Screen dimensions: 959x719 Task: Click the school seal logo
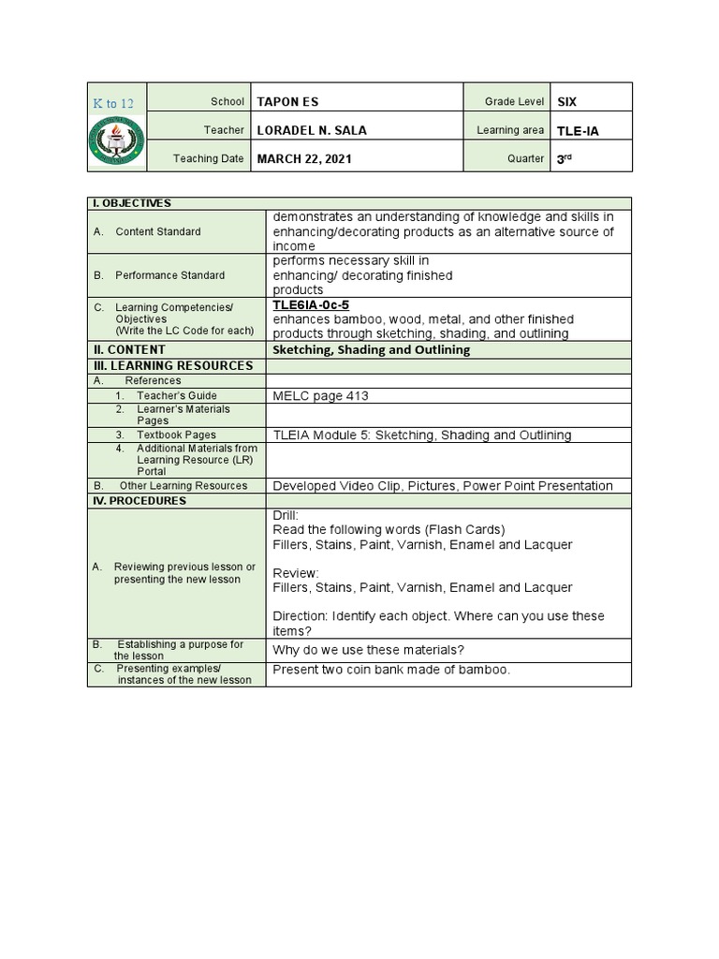(x=117, y=141)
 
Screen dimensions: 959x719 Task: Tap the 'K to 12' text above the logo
(x=112, y=103)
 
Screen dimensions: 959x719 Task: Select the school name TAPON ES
(x=287, y=102)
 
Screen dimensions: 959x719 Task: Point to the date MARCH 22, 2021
(x=304, y=159)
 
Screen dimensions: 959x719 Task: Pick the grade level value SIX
(x=568, y=102)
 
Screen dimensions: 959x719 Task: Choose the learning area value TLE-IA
(x=578, y=131)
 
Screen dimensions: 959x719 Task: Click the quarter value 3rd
(x=564, y=159)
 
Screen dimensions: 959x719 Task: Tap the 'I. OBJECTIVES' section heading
(x=130, y=203)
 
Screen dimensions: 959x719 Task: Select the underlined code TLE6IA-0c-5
(x=311, y=305)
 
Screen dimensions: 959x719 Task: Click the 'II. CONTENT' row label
(x=128, y=350)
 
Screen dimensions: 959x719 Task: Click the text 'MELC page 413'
(x=320, y=396)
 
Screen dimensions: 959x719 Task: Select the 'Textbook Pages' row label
(x=176, y=435)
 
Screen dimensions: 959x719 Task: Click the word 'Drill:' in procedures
(x=286, y=516)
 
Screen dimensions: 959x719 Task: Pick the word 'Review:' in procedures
(x=295, y=573)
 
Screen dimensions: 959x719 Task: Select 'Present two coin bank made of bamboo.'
(x=391, y=670)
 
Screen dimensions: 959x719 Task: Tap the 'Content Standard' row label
(x=157, y=231)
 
